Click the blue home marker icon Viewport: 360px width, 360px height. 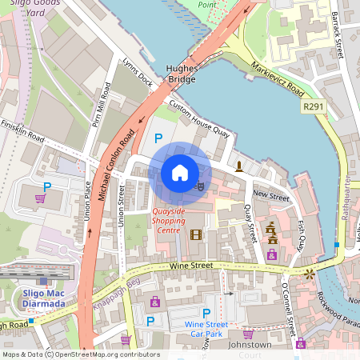[180, 172]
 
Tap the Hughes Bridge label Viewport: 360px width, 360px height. [180, 74]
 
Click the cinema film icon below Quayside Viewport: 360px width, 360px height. [196, 234]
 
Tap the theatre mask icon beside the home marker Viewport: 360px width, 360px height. [200, 185]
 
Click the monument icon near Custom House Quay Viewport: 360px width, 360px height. [238, 166]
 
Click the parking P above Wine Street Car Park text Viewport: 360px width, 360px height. [206, 313]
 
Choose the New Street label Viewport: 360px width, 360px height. [270, 195]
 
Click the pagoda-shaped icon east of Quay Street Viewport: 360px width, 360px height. [271, 233]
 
